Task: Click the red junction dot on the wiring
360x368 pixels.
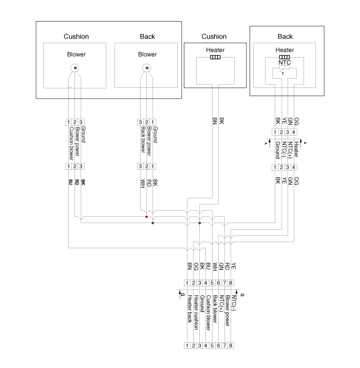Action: (146, 217)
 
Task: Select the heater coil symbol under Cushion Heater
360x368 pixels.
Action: (215, 58)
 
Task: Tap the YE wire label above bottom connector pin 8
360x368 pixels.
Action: (233, 266)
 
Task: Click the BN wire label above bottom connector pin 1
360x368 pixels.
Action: (189, 266)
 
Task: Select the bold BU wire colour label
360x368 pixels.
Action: (69, 182)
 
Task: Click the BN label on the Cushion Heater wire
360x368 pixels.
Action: (215, 122)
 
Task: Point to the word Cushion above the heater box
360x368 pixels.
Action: (214, 36)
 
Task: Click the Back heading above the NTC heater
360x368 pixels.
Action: (285, 36)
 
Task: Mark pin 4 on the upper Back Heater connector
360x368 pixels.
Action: (296, 132)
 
